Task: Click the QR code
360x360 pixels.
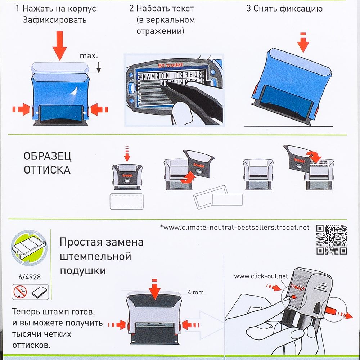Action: pyautogui.click(x=331, y=239)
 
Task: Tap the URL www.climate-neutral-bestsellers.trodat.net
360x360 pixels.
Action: pyautogui.click(x=234, y=227)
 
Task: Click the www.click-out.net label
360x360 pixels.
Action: pyautogui.click(x=261, y=276)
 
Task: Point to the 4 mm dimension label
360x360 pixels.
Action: pyautogui.click(x=195, y=292)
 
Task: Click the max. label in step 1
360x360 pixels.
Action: pyautogui.click(x=89, y=56)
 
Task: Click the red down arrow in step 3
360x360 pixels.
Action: pyautogui.click(x=303, y=42)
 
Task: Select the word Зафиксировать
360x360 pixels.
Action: pyautogui.click(x=54, y=20)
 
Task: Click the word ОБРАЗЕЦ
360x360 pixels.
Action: pyautogui.click(x=48, y=157)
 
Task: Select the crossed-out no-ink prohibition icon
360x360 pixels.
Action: pyautogui.click(x=20, y=292)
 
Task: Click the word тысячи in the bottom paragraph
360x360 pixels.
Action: pyautogui.click(x=26, y=334)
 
